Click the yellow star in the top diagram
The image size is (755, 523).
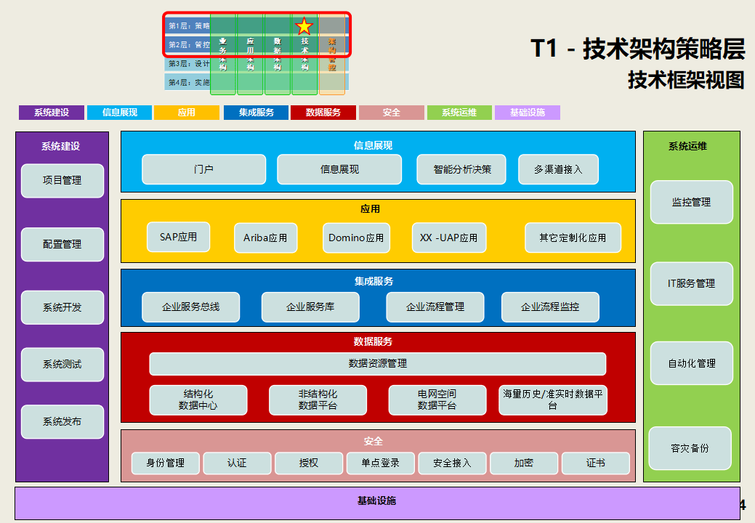point(304,26)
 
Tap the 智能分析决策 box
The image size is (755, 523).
point(461,169)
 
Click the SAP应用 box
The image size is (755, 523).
point(178,237)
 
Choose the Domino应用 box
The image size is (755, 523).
point(356,238)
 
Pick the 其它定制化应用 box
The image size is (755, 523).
point(573,238)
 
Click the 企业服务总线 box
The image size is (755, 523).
point(190,307)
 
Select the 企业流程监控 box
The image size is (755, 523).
point(550,307)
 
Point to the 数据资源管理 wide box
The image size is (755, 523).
point(377,363)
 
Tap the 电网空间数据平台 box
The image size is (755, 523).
point(437,400)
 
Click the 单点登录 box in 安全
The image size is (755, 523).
point(380,463)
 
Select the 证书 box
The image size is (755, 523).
point(594,463)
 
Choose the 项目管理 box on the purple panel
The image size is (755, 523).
point(62,180)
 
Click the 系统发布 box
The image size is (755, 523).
point(62,421)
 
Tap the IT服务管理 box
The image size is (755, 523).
point(691,283)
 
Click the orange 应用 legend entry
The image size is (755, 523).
point(187,113)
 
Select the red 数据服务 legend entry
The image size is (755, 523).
point(323,113)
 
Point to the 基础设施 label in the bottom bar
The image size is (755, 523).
point(376,500)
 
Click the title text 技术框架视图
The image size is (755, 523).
point(686,80)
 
